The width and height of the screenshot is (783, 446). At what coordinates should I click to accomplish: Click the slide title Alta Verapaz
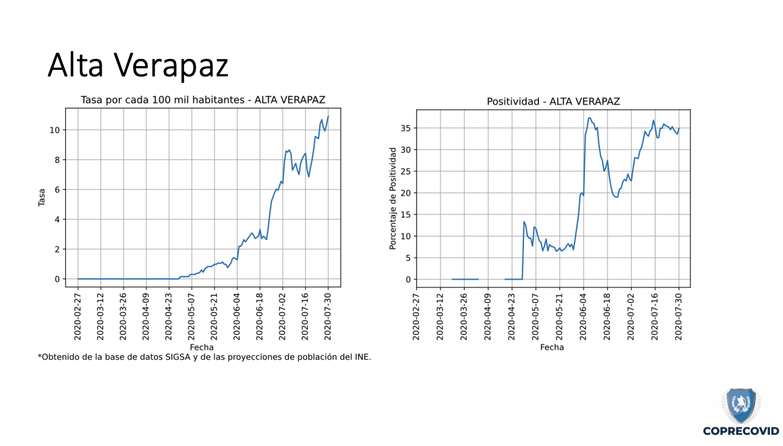click(138, 65)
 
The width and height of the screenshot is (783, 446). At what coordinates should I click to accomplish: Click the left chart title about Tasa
click(203, 100)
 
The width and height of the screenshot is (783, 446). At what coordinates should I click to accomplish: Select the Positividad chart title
click(553, 102)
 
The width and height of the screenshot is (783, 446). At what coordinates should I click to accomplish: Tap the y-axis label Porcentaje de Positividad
click(392, 198)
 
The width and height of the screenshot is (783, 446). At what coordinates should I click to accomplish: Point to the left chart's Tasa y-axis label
click(41, 197)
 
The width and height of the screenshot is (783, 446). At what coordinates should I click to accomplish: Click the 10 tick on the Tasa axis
click(56, 130)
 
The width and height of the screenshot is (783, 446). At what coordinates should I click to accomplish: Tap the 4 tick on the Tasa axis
click(58, 219)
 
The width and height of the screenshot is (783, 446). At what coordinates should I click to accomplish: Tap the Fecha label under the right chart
click(552, 348)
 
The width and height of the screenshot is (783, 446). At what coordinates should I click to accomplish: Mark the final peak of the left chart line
click(328, 117)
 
